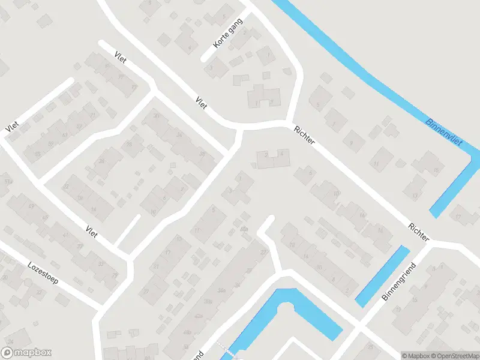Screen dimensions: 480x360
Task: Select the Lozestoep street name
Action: tap(44, 274)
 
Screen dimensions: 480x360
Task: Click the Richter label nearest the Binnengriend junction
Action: tap(418, 232)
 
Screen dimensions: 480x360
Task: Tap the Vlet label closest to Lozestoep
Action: tap(92, 232)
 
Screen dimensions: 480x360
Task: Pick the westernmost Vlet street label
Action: tap(11, 127)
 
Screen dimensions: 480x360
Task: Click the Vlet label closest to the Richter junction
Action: tap(201, 103)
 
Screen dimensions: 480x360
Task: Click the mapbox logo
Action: tap(26, 353)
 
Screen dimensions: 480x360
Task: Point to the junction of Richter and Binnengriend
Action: tap(431, 243)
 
